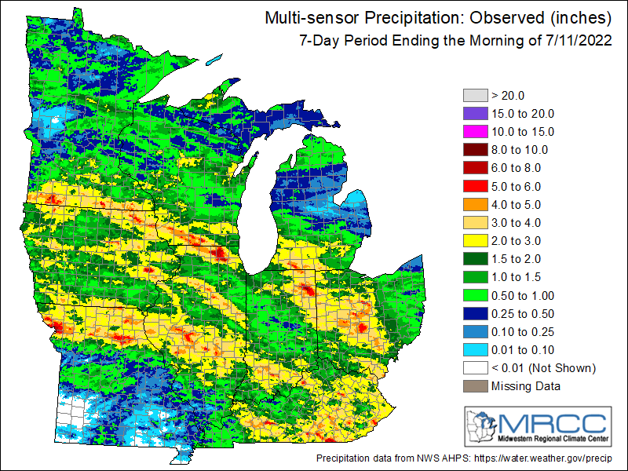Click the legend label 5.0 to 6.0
(x=517, y=186)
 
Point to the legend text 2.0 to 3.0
(x=517, y=240)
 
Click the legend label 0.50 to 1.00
(x=522, y=295)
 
